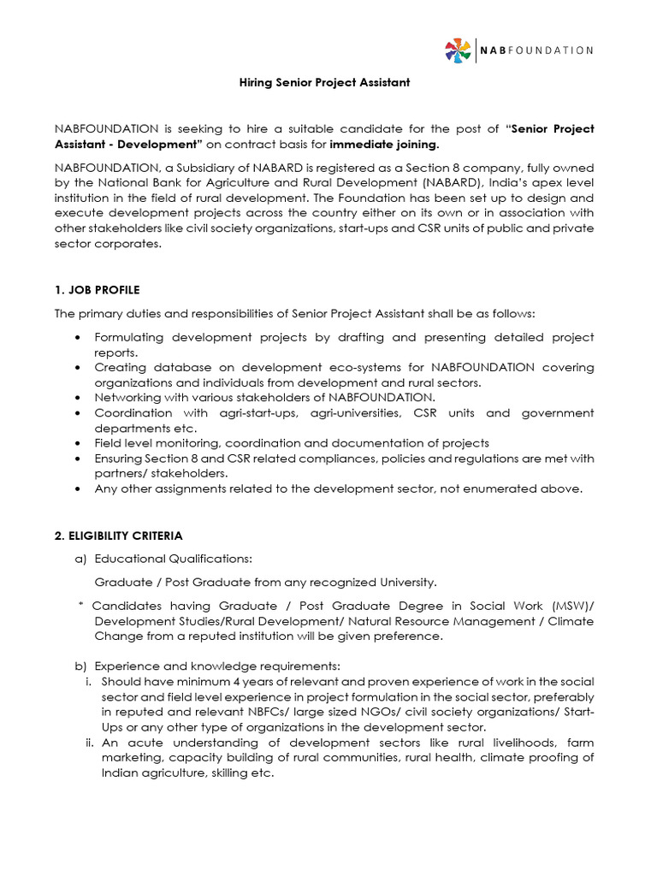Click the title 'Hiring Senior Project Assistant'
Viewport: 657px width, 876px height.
click(x=323, y=83)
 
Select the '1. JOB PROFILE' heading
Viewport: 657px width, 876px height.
click(x=97, y=290)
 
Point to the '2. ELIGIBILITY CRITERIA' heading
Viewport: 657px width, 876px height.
click(x=118, y=536)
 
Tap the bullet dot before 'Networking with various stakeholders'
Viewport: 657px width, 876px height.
click(x=80, y=398)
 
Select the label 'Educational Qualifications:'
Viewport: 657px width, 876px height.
click(x=173, y=559)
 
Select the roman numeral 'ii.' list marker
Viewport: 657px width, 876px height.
click(x=89, y=743)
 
